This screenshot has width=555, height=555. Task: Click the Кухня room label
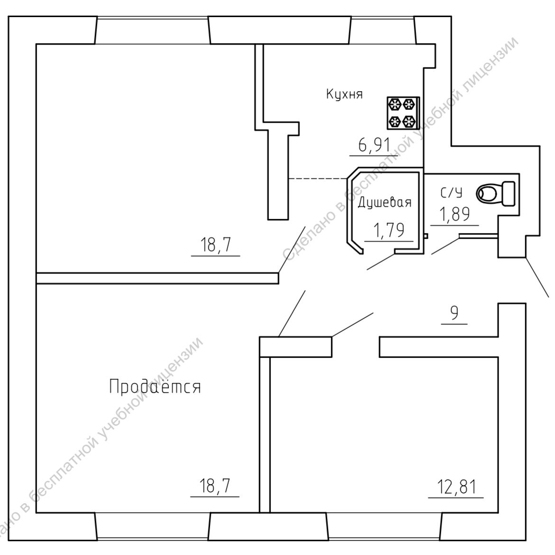[344, 94]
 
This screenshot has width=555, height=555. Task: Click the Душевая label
[384, 203]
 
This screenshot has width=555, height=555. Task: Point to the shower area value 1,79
[389, 231]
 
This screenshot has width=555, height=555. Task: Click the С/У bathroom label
[451, 193]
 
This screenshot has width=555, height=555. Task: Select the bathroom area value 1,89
[455, 215]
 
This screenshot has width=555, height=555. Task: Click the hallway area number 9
[454, 314]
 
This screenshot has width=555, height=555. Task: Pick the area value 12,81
[456, 488]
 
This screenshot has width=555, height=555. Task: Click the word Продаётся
[155, 386]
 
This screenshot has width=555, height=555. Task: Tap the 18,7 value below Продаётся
[215, 487]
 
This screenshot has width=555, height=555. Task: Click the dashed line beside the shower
[317, 179]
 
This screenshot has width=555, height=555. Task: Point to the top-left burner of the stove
[395, 104]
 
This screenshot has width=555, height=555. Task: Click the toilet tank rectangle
[508, 193]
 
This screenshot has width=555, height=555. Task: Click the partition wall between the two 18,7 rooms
[157, 278]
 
